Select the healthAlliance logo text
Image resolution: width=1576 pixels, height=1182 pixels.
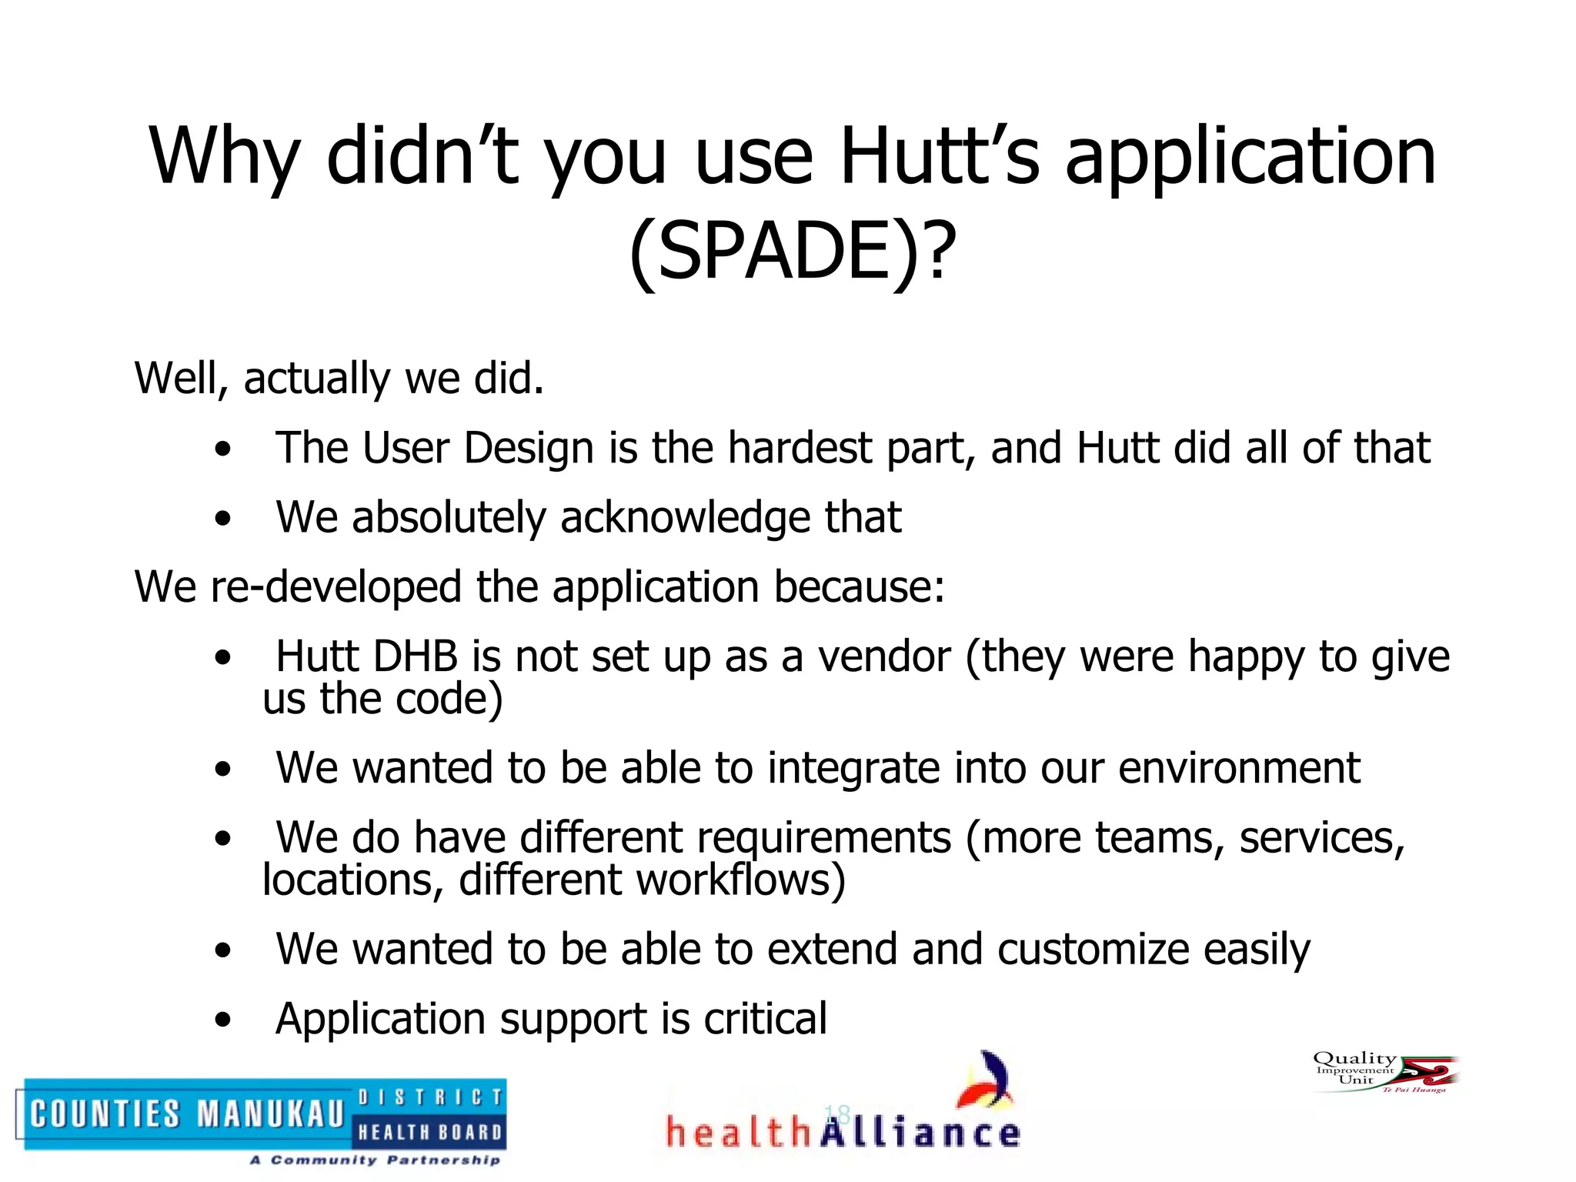(x=842, y=1134)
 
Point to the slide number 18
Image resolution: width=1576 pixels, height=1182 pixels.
(x=836, y=1114)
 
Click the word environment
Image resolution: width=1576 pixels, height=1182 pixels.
(x=1239, y=767)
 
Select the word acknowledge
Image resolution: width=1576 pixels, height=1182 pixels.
(x=685, y=517)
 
